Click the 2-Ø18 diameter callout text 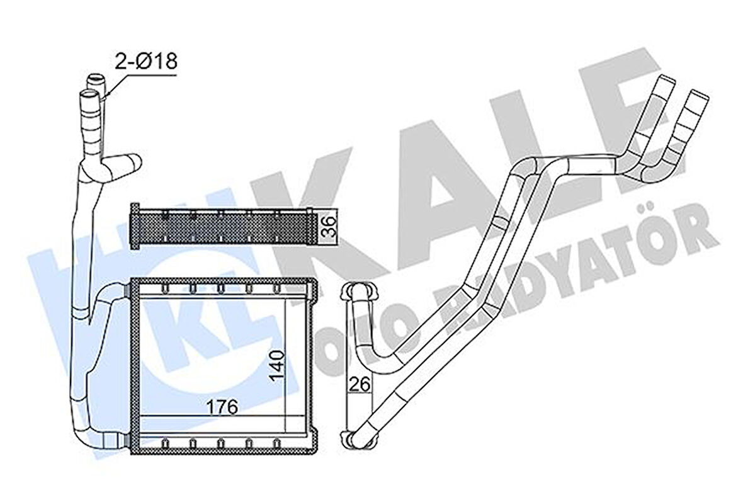click(146, 61)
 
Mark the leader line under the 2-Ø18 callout click(142, 76)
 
